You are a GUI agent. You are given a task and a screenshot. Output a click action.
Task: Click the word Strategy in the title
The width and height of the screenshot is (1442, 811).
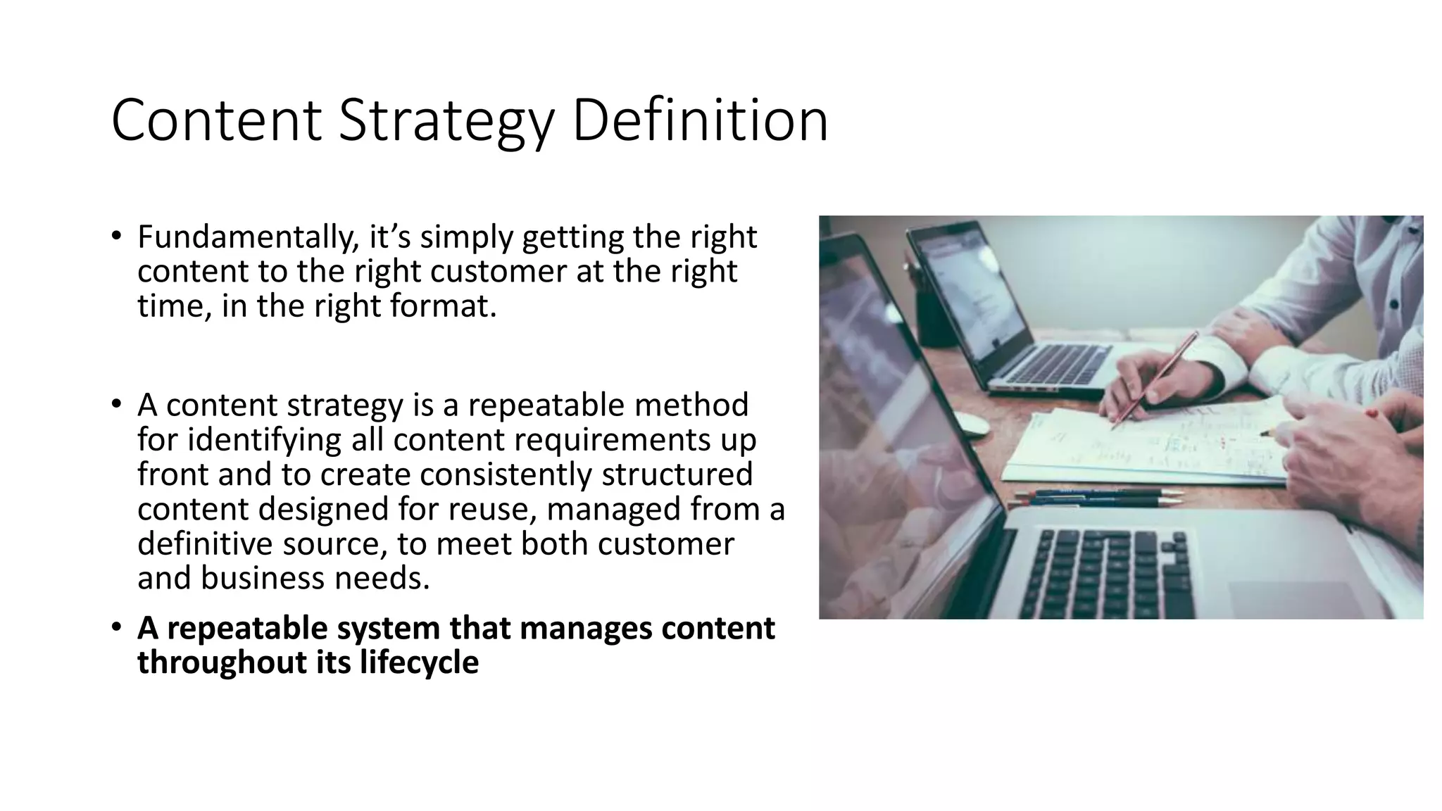point(446,121)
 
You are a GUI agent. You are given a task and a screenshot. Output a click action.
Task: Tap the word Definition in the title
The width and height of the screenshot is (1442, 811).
point(699,121)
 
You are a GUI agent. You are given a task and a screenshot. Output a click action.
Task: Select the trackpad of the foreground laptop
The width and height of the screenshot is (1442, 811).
point(1281,599)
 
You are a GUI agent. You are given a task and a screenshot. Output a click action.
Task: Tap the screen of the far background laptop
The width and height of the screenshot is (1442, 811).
point(971,289)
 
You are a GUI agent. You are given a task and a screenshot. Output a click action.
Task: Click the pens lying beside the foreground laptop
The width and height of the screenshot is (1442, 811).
point(1098,498)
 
